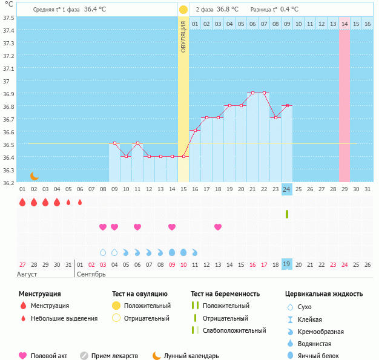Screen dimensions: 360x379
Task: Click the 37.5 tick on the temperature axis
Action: [x=9, y=18]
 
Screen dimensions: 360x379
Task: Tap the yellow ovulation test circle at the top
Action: [x=183, y=10]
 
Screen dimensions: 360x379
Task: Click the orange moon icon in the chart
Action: [x=35, y=175]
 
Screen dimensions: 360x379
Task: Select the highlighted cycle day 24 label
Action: [x=286, y=189]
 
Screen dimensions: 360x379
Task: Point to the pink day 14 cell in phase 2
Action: [x=344, y=24]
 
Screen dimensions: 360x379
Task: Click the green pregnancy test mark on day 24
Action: [x=286, y=214]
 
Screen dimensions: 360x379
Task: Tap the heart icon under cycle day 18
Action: [x=218, y=227]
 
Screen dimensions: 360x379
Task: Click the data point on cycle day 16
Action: [x=195, y=131]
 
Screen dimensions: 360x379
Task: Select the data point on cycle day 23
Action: [x=275, y=118]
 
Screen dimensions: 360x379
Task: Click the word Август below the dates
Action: [x=27, y=274]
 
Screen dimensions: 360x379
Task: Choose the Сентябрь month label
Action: [x=91, y=274]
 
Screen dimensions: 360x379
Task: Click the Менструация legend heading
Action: [x=39, y=293]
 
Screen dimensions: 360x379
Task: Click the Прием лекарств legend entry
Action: [x=114, y=356]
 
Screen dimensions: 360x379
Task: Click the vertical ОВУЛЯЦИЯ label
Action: [x=183, y=36]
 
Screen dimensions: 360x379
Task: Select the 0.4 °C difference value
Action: [x=293, y=10]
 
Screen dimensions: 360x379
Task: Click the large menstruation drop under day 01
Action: [x=22, y=202]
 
